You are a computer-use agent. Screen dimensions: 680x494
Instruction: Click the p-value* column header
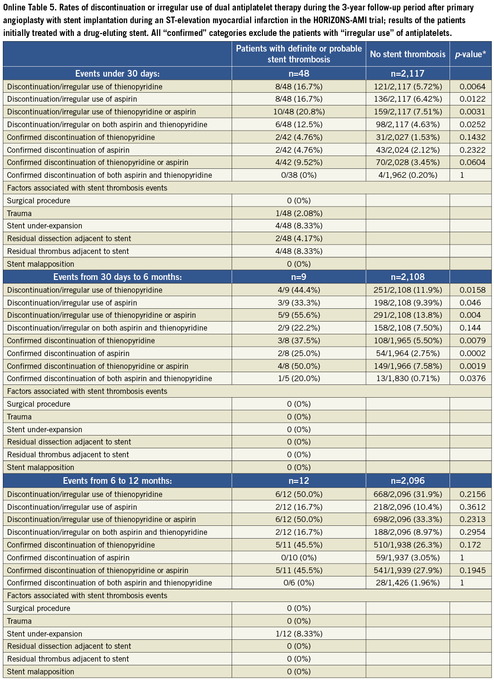tap(470, 54)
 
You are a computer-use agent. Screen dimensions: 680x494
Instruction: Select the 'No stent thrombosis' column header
tap(407, 54)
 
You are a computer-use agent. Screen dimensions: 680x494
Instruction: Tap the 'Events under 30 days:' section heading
tap(117, 73)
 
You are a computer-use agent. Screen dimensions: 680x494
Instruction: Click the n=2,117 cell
tap(407, 73)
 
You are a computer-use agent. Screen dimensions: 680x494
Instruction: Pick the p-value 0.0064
tap(472, 87)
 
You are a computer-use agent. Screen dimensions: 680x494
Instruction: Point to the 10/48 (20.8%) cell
tap(299, 112)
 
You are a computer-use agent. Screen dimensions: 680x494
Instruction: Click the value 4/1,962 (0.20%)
tap(407, 175)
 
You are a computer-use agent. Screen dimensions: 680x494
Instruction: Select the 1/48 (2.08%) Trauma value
tap(299, 213)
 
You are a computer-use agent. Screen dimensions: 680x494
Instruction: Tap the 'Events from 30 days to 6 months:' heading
tap(117, 277)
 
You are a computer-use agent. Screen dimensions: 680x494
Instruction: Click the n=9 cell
tap(299, 277)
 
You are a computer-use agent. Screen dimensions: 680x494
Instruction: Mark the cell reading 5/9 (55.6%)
tap(299, 315)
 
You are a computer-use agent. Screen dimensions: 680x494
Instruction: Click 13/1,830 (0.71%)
tap(407, 378)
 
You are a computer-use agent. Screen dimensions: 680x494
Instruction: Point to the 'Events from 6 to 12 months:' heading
tap(117, 480)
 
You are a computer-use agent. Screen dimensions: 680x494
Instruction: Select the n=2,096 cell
tap(407, 480)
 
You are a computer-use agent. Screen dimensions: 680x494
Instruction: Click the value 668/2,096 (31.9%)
tap(407, 494)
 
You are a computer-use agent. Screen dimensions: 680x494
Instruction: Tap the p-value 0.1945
tap(472, 570)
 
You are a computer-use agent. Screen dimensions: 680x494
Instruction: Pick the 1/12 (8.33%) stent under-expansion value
tap(299, 634)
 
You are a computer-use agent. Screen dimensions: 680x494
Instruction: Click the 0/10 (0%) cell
tap(299, 558)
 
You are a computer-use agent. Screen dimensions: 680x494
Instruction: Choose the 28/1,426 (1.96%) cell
tap(407, 583)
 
